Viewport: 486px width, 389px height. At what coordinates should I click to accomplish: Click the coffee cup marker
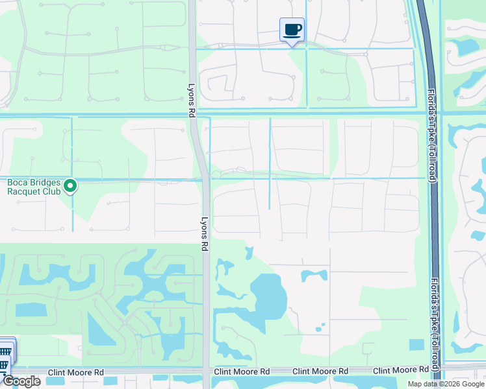(x=292, y=30)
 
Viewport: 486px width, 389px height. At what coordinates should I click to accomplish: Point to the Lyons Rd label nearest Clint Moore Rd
(x=204, y=234)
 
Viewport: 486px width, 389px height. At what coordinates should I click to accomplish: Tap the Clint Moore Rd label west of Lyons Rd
(x=80, y=373)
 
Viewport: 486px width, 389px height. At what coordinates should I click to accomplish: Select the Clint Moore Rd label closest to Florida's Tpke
(x=397, y=371)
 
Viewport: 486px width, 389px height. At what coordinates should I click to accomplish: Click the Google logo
(x=21, y=381)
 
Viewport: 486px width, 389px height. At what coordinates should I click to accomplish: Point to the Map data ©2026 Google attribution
(x=446, y=384)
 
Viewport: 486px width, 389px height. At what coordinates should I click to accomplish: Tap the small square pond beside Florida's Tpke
(x=416, y=344)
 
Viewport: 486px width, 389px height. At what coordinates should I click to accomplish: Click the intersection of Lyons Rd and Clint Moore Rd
(x=206, y=371)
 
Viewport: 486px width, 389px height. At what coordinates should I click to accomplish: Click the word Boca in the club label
(x=17, y=183)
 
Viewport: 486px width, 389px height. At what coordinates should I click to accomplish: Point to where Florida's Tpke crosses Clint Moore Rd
(x=435, y=371)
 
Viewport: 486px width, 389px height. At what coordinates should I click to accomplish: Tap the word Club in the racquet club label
(x=51, y=191)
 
